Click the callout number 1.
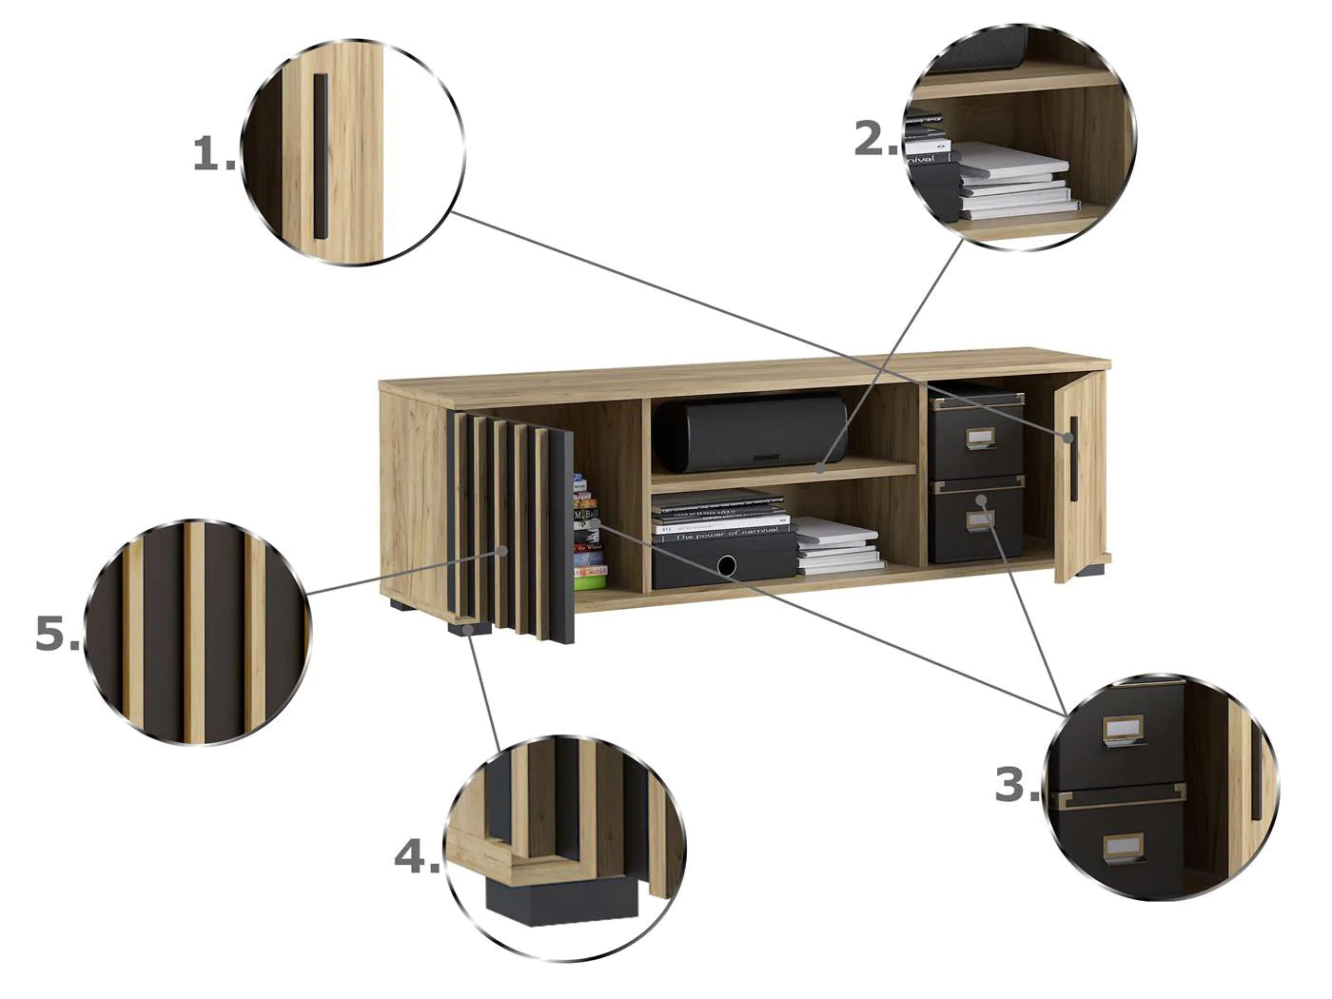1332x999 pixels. [x=214, y=155]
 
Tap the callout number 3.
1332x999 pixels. [x=1016, y=786]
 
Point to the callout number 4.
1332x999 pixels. [x=417, y=858]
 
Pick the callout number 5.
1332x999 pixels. [x=58, y=635]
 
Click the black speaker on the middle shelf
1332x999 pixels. [x=751, y=433]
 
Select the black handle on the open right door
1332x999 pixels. [x=1073, y=458]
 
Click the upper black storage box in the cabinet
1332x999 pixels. [x=976, y=438]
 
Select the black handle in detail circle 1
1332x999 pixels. [x=321, y=157]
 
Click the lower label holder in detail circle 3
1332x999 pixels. [x=1123, y=846]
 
